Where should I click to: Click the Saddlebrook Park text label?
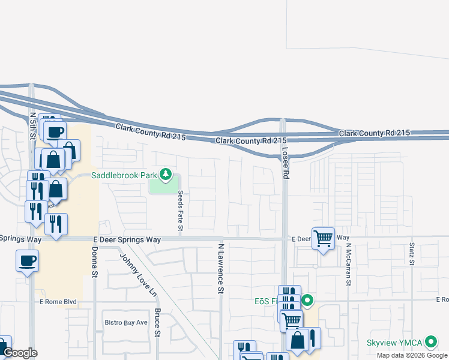[124, 175]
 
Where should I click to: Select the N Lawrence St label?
[221, 268]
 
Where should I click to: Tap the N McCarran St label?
[348, 265]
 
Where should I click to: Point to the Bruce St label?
[157, 322]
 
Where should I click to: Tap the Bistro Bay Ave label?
[125, 322]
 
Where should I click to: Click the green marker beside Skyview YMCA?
[431, 343]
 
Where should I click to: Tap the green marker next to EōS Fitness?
[307, 300]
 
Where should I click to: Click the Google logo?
[20, 353]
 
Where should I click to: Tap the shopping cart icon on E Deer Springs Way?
[323, 238]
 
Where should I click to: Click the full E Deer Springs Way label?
[127, 239]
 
